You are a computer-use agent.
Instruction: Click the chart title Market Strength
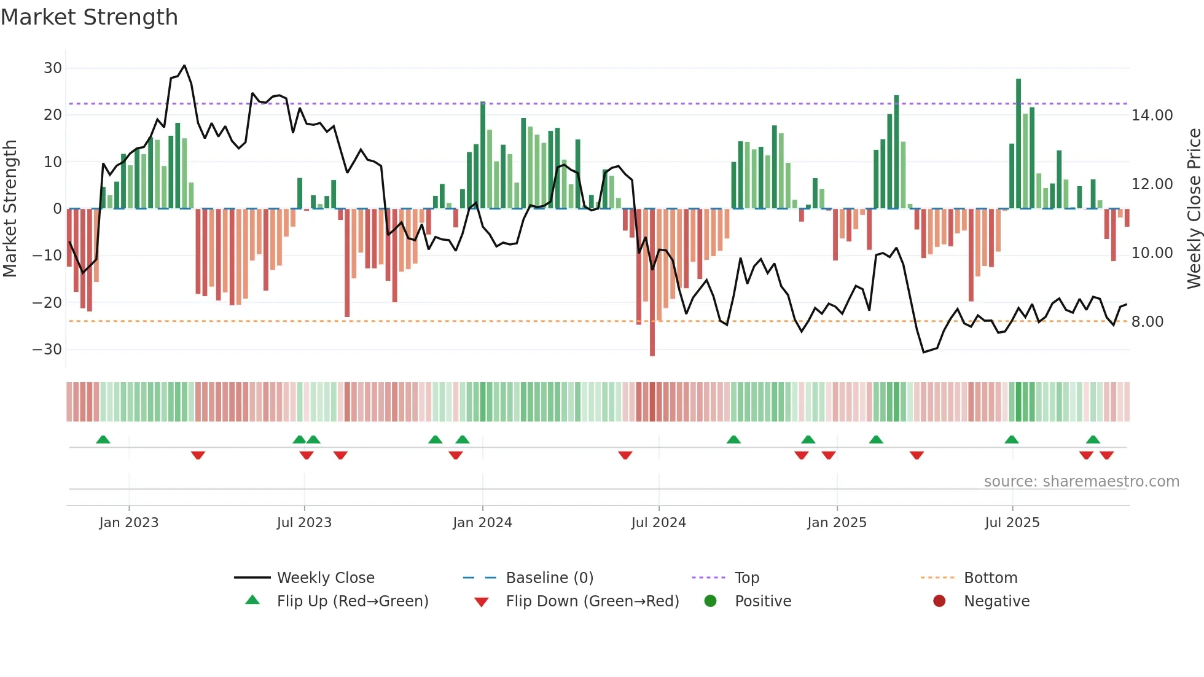(x=89, y=17)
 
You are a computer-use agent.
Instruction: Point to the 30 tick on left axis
(x=53, y=68)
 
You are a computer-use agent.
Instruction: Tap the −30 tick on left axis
(x=47, y=350)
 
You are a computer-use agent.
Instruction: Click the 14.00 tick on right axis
(x=1152, y=115)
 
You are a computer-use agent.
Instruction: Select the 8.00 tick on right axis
(x=1147, y=322)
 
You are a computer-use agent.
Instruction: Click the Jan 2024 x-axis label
(x=482, y=523)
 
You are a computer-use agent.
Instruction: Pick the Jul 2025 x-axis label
(x=1012, y=523)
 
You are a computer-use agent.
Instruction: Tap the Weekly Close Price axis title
(x=1194, y=209)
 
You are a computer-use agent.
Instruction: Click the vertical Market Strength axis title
(x=10, y=209)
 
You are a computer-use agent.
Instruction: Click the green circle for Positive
(x=711, y=601)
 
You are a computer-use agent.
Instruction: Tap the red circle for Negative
(x=939, y=601)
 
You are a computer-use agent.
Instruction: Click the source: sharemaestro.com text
(x=1081, y=482)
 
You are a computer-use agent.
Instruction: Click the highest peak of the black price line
(x=184, y=66)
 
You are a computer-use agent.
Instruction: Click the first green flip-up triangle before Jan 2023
(x=103, y=439)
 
